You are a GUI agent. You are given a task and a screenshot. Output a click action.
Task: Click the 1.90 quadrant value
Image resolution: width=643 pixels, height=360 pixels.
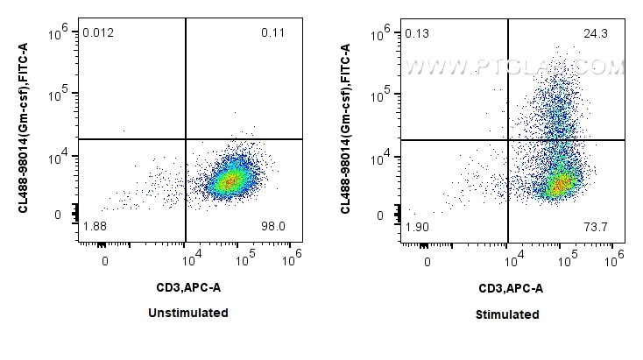point(416,228)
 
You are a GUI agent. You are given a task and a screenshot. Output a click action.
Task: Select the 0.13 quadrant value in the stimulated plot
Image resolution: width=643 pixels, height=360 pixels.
point(416,34)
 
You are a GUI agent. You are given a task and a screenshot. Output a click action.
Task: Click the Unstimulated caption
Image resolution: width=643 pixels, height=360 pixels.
point(190,313)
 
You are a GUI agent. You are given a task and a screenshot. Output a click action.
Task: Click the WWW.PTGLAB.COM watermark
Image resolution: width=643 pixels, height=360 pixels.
point(515,66)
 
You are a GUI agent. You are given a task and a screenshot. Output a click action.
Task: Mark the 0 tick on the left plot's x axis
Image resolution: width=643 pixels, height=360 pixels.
point(105,261)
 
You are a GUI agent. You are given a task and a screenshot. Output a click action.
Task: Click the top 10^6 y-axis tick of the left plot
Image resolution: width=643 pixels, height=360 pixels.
point(58,32)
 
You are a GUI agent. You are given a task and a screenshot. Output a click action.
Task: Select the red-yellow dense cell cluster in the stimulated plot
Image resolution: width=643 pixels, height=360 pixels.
point(559,185)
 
